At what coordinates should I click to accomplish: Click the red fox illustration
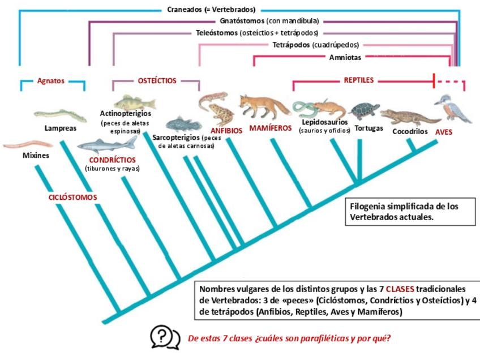click(264, 107)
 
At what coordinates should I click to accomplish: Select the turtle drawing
click(365, 111)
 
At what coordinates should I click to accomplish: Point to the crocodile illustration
click(409, 117)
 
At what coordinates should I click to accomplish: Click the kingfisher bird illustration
click(452, 109)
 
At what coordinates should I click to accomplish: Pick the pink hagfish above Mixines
click(28, 144)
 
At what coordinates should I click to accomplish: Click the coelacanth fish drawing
click(183, 124)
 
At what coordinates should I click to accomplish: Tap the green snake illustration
click(303, 108)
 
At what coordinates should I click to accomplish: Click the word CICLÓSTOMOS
click(72, 197)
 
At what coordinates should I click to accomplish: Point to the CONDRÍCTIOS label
click(112, 160)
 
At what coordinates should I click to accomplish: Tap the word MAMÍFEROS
click(271, 128)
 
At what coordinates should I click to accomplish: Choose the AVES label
click(444, 132)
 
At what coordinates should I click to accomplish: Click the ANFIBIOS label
click(226, 131)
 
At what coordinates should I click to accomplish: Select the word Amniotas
click(345, 57)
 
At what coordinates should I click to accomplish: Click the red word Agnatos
click(51, 81)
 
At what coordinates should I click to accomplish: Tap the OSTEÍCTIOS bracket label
click(157, 81)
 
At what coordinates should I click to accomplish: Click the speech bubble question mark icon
click(165, 337)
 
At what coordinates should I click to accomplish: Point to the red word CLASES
click(400, 289)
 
